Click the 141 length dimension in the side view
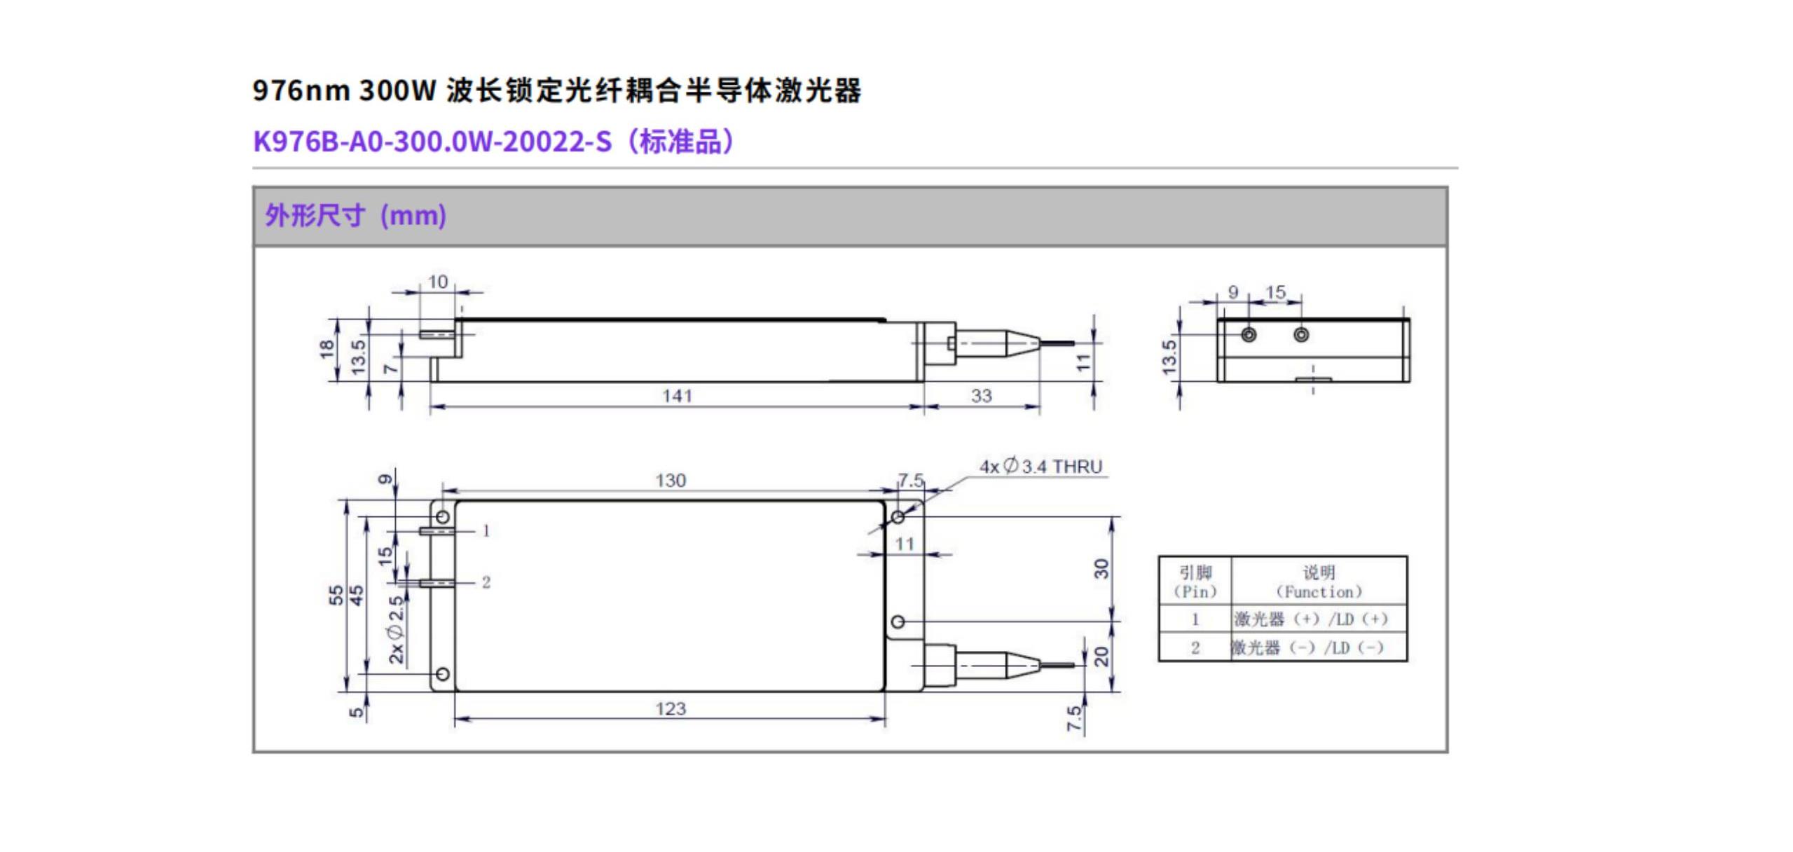pyautogui.click(x=677, y=396)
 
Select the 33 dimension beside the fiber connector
pyautogui.click(x=981, y=396)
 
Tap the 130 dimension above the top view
pyautogui.click(x=670, y=481)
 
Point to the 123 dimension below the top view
pyautogui.click(x=670, y=709)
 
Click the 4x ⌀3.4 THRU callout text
pyautogui.click(x=1040, y=467)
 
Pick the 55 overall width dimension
pyautogui.click(x=336, y=596)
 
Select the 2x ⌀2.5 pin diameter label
pyautogui.click(x=397, y=629)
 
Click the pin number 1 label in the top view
pyautogui.click(x=486, y=531)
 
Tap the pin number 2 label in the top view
pyautogui.click(x=486, y=582)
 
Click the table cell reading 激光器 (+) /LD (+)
pyautogui.click(x=1310, y=619)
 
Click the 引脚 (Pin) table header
pyautogui.click(x=1195, y=582)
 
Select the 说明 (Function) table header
pyautogui.click(x=1319, y=582)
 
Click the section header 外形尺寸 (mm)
pyautogui.click(x=355, y=216)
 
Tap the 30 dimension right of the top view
pyautogui.click(x=1102, y=568)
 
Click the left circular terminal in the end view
pyautogui.click(x=1249, y=335)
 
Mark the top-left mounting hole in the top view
pyautogui.click(x=443, y=517)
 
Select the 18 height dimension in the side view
pyautogui.click(x=327, y=349)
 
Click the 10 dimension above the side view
pyautogui.click(x=438, y=282)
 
